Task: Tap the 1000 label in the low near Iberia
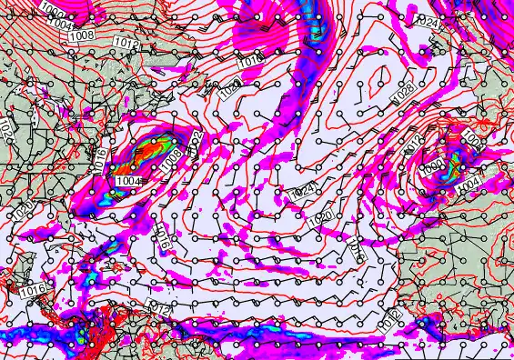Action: tap(434, 163)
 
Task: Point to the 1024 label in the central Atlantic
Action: tap(302, 193)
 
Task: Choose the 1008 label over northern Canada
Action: tap(80, 35)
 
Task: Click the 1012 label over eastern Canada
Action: tap(126, 43)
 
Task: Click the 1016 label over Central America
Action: tap(32, 290)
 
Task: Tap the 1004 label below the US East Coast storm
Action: tap(128, 181)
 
